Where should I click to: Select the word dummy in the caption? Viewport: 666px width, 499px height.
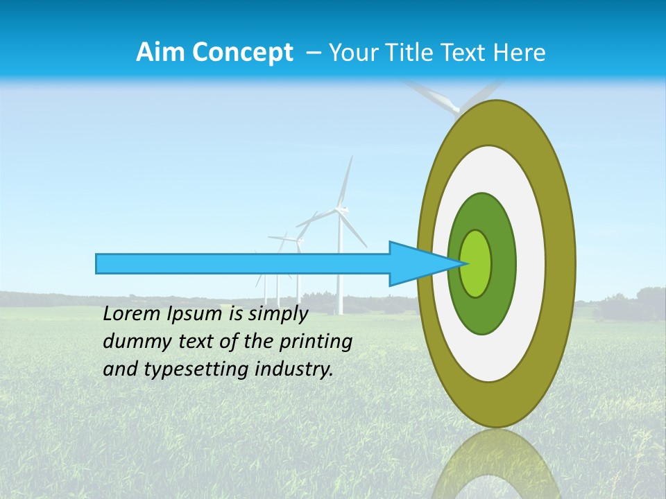134,342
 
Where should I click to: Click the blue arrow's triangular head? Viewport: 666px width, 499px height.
416,263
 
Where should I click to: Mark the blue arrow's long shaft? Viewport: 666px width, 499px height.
243,263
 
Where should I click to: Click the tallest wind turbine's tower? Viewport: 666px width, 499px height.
340,270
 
